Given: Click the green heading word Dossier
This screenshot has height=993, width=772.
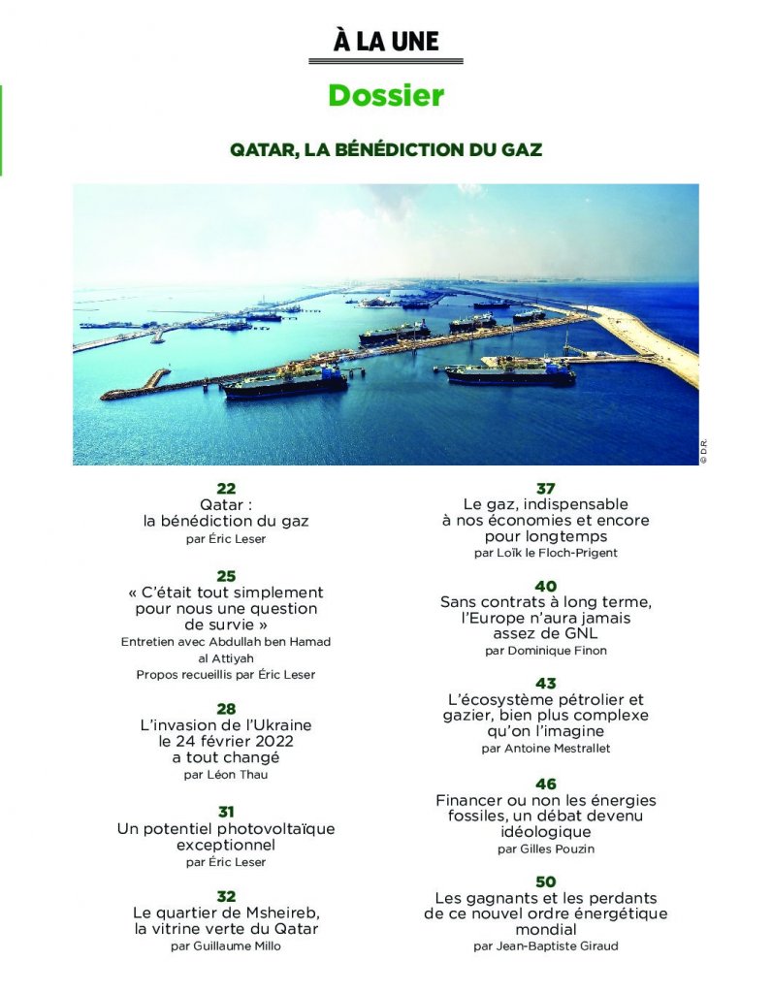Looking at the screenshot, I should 385,96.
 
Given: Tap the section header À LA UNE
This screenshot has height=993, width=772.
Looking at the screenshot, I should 385,42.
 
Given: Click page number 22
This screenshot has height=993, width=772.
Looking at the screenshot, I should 226,490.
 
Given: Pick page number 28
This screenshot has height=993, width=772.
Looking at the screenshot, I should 226,710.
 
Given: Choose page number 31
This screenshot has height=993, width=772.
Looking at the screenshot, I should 226,812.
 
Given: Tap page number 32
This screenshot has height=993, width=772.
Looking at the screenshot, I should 226,896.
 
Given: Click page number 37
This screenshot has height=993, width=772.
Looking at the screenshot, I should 545,488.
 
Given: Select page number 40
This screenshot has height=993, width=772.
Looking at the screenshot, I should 545,587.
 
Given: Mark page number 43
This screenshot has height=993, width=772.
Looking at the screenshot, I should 545,684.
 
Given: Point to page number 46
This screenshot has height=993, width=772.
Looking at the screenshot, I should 545,784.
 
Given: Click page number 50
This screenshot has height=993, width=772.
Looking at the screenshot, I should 545,881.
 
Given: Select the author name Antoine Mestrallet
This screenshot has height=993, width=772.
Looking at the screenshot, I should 557,750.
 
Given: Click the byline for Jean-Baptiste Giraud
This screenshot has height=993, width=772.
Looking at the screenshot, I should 557,945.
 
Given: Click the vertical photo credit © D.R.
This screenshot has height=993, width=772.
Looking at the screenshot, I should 705,453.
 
